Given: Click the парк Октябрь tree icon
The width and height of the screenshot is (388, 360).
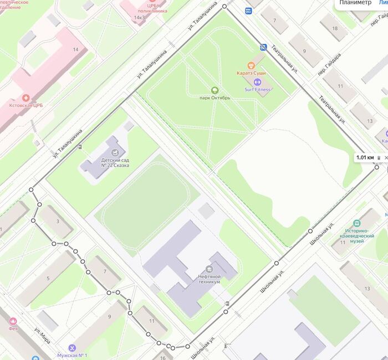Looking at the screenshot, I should click(x=215, y=90).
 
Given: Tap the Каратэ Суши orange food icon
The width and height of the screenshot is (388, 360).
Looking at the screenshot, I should click(x=251, y=65).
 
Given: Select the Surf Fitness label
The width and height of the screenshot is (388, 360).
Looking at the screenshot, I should click(x=258, y=89).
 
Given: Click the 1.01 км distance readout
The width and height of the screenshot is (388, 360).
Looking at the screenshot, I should click(x=365, y=157).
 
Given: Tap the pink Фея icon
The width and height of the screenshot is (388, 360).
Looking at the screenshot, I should click(x=13, y=321).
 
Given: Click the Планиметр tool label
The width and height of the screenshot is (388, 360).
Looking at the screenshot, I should click(x=355, y=3).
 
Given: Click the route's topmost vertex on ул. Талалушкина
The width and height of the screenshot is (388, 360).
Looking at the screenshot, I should click(x=224, y=6).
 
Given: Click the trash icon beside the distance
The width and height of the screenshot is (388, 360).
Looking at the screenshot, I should click(x=379, y=158).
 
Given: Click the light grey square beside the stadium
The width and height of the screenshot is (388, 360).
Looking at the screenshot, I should click(x=206, y=210).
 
